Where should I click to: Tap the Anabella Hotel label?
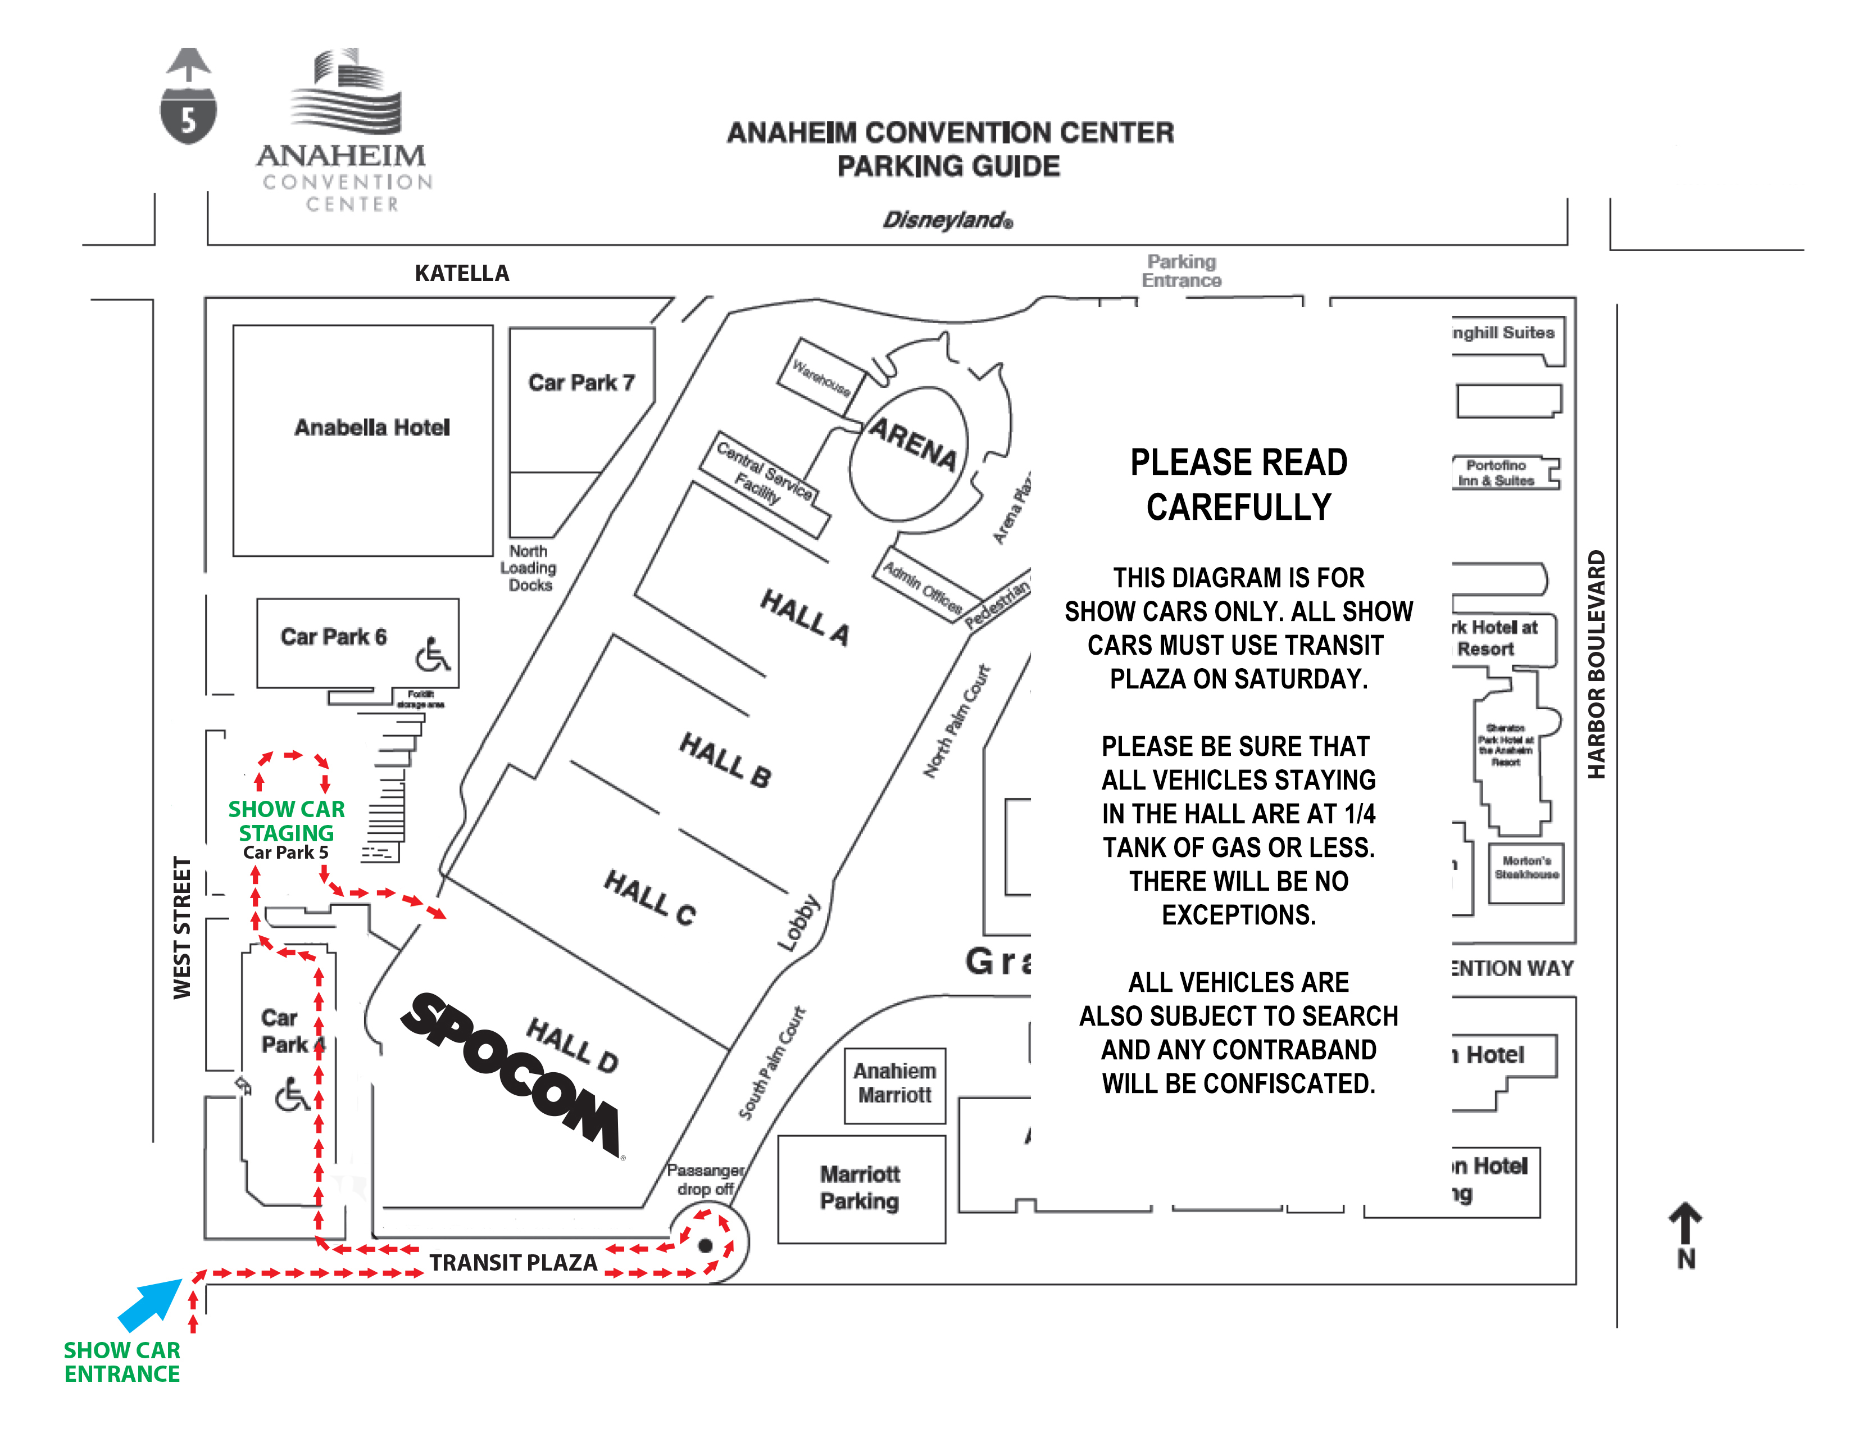tap(372, 427)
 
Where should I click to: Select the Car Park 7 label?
tap(581, 383)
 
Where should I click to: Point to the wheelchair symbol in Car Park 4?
tap(292, 1095)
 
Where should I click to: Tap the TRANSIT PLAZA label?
tap(513, 1262)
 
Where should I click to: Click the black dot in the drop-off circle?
tap(705, 1245)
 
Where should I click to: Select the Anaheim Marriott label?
tap(895, 1083)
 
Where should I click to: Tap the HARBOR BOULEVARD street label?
tap(1597, 665)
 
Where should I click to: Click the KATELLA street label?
tap(462, 273)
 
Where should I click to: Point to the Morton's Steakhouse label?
tap(1526, 868)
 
